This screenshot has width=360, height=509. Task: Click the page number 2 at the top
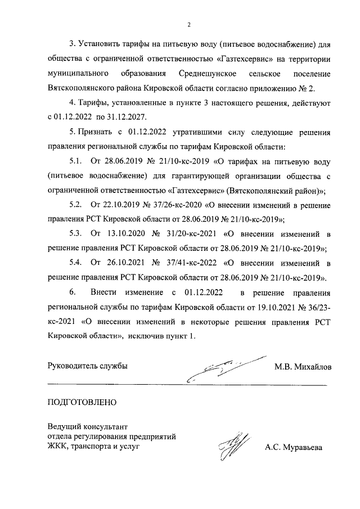[190, 24]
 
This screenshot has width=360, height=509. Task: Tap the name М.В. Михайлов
[303, 367]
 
